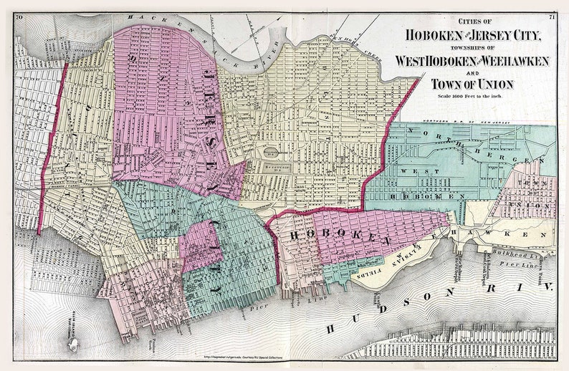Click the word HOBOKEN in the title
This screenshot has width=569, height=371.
click(430, 34)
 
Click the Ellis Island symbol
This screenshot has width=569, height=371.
click(72, 344)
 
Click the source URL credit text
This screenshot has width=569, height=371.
click(244, 355)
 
